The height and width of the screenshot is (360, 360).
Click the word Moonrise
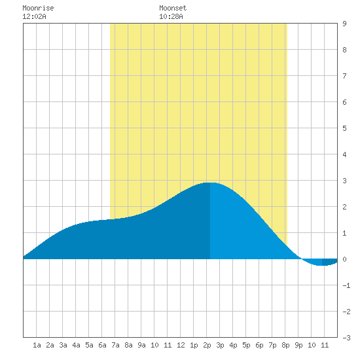pos(38,8)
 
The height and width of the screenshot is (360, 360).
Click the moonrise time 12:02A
pos(34,16)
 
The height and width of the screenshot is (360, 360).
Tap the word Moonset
pos(173,8)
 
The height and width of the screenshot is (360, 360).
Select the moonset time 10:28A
pos(171,16)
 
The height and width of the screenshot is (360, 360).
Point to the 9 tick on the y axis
pos(344,24)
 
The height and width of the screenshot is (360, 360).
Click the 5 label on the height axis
pos(344,128)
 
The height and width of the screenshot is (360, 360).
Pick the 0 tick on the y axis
pos(344,259)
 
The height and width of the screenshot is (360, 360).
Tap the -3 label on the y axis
pos(346,338)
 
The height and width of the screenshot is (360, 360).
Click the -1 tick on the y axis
pos(346,285)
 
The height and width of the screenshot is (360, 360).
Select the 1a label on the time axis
pos(37,345)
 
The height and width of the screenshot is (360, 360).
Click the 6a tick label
pos(102,345)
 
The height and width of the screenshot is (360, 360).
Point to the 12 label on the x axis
pos(181,345)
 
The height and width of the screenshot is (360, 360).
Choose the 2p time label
pos(207,345)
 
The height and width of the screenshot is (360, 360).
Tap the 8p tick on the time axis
pos(285,345)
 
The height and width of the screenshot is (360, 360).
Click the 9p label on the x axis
pos(298,345)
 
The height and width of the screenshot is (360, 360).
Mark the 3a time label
pos(63,345)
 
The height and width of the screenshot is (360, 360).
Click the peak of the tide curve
pos(210,183)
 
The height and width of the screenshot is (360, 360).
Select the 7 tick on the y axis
pos(344,76)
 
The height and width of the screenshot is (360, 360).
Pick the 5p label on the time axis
pos(246,345)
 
